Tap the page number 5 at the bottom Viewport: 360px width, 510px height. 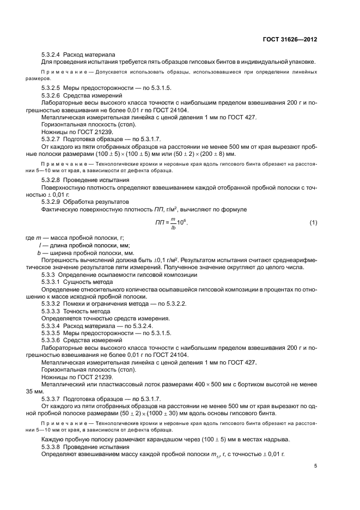(315, 466)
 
